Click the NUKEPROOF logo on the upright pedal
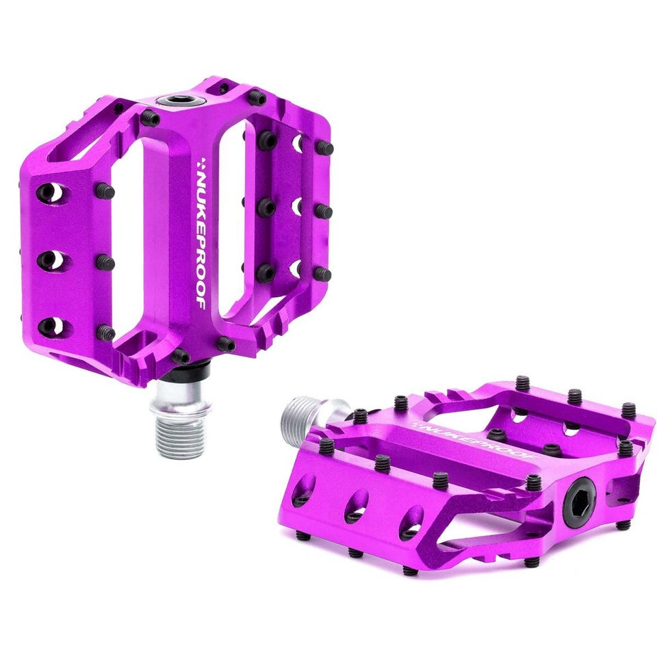tap(201, 233)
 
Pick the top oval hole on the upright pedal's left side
tap(53, 192)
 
